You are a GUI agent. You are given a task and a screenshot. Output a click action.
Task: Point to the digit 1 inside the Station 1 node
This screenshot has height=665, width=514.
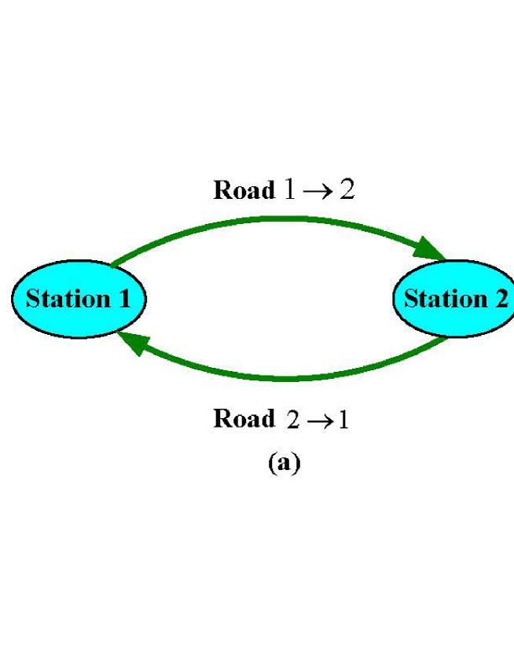[124, 299]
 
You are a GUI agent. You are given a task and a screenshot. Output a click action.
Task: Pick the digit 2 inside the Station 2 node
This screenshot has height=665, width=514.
[501, 299]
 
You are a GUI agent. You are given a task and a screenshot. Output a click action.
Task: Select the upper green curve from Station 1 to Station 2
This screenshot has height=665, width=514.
[275, 219]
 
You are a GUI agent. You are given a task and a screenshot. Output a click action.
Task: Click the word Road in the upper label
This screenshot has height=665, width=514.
[244, 190]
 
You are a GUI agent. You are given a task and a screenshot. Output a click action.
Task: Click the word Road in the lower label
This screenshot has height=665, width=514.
[244, 418]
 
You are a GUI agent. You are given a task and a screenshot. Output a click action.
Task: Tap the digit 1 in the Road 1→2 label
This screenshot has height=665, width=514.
[288, 190]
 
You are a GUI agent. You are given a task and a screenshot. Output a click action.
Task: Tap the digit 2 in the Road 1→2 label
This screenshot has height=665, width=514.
[347, 190]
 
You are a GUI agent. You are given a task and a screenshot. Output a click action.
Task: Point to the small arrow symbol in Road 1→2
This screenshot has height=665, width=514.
[318, 191]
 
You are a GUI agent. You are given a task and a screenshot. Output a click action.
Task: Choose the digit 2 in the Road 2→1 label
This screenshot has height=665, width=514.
[293, 420]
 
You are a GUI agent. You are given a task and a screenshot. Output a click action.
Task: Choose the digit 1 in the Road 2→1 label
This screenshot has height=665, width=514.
[343, 420]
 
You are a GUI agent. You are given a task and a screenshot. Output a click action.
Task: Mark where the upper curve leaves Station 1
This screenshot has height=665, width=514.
[115, 265]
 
